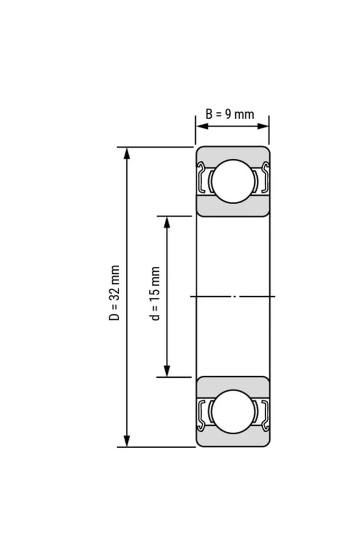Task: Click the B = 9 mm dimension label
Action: pos(229,114)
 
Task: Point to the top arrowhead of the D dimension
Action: pos(126,152)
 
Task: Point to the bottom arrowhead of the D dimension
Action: pos(126,441)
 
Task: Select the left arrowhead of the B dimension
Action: pos(200,126)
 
